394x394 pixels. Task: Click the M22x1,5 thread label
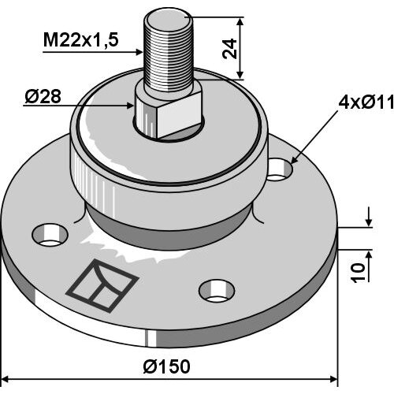click(x=81, y=40)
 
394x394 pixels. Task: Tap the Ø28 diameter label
click(x=43, y=96)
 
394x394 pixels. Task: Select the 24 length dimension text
click(x=229, y=49)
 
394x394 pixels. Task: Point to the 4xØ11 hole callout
click(x=366, y=102)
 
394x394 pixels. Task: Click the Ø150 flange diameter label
click(x=166, y=366)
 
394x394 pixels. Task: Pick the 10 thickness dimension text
click(x=358, y=273)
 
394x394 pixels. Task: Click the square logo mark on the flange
click(x=102, y=285)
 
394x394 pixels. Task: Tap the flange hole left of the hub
click(x=50, y=235)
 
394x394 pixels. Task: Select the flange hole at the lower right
click(x=217, y=291)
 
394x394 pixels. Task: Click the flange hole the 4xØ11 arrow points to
click(x=280, y=169)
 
